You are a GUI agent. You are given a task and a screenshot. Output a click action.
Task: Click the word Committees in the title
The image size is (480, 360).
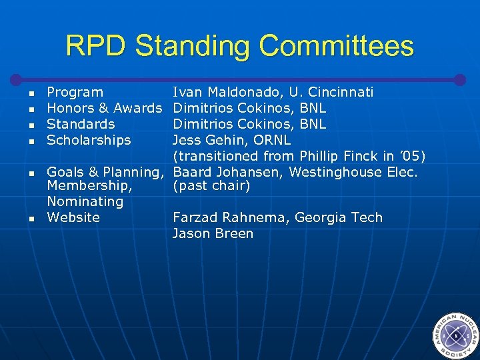[x=336, y=46]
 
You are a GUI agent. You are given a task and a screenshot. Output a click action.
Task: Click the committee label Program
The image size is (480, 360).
[x=75, y=92]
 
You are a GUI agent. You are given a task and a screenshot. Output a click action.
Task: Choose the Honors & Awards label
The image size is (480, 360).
[x=104, y=108]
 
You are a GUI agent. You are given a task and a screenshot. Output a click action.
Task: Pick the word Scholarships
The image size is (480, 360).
[x=89, y=140]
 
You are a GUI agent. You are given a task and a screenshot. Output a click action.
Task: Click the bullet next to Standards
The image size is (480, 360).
[x=31, y=125]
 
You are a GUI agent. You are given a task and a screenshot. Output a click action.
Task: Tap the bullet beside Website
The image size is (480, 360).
[x=31, y=218]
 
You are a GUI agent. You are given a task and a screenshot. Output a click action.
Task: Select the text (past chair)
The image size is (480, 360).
[x=211, y=187]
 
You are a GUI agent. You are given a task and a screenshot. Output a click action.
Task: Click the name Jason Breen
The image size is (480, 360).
[x=213, y=233]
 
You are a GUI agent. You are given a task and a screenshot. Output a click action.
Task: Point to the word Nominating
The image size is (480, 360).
[x=85, y=201]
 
